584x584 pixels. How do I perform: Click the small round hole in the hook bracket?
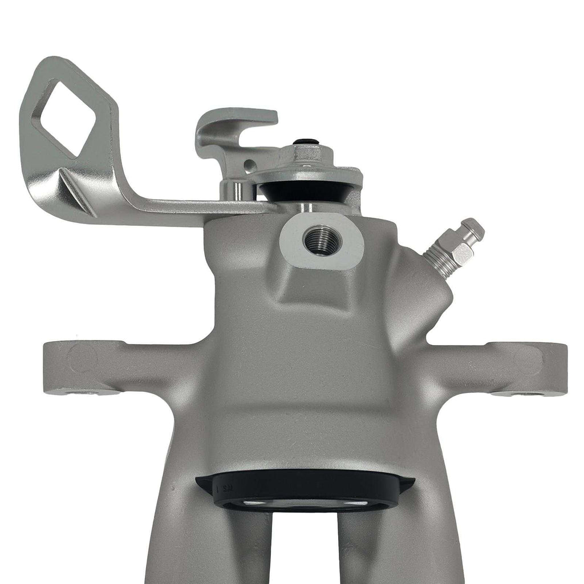pos(248,166)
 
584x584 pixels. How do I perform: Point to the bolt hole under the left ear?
pos(86,392)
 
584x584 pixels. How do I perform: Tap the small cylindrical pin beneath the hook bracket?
pos(232,189)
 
